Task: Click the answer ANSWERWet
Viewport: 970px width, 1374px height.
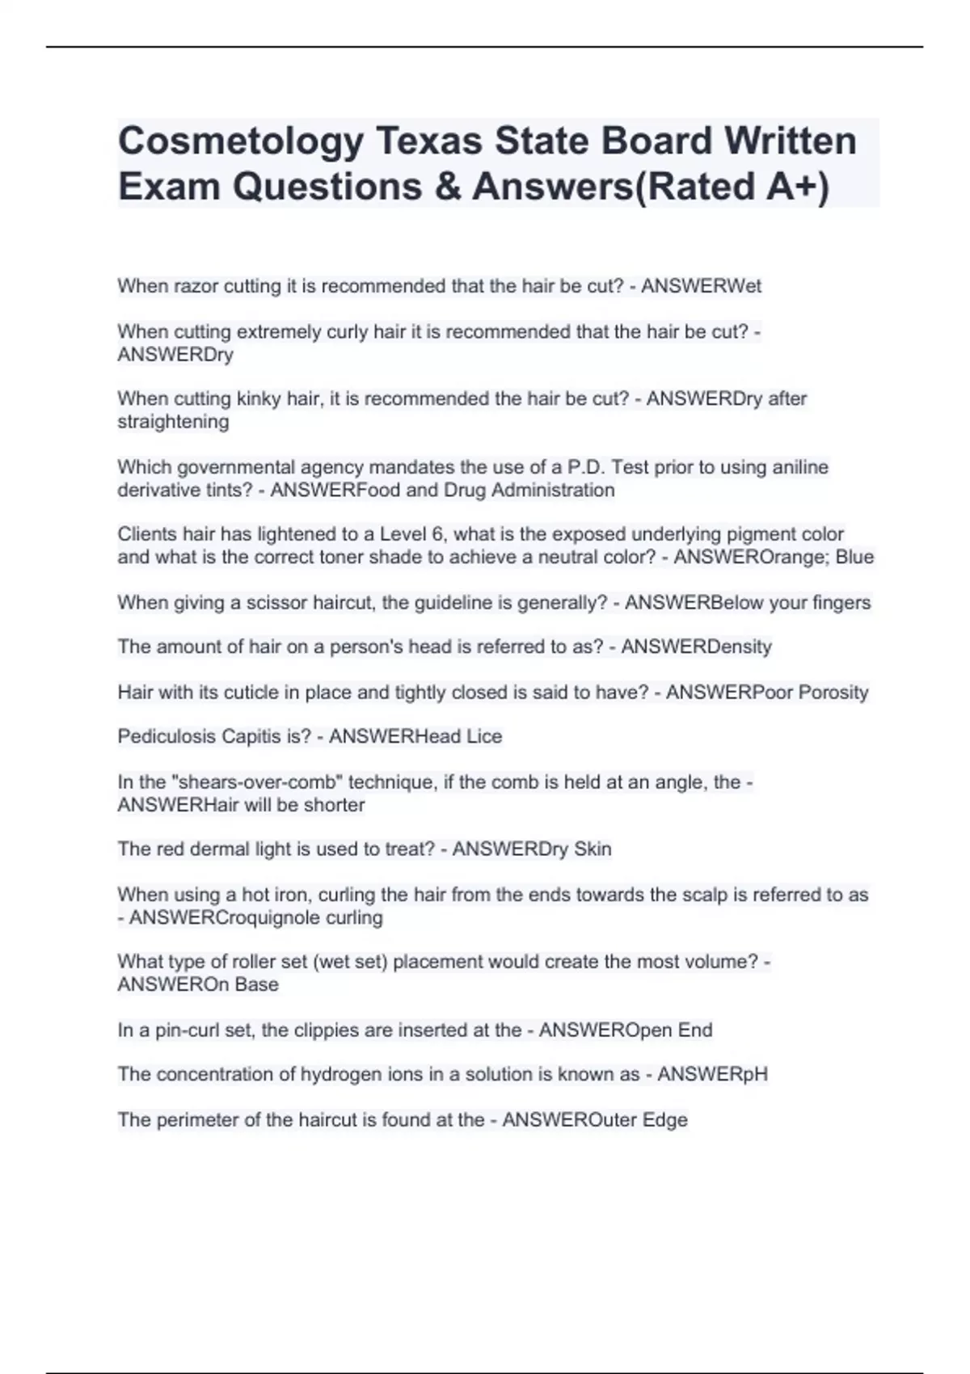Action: (701, 286)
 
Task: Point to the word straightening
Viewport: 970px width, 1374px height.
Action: (173, 422)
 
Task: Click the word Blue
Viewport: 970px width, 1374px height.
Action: (854, 558)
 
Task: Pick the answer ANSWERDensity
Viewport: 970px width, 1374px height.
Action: (696, 647)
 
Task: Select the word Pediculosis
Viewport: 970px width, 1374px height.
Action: (167, 737)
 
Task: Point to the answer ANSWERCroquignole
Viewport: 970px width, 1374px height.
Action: (225, 918)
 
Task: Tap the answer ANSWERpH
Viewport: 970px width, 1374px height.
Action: (712, 1075)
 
